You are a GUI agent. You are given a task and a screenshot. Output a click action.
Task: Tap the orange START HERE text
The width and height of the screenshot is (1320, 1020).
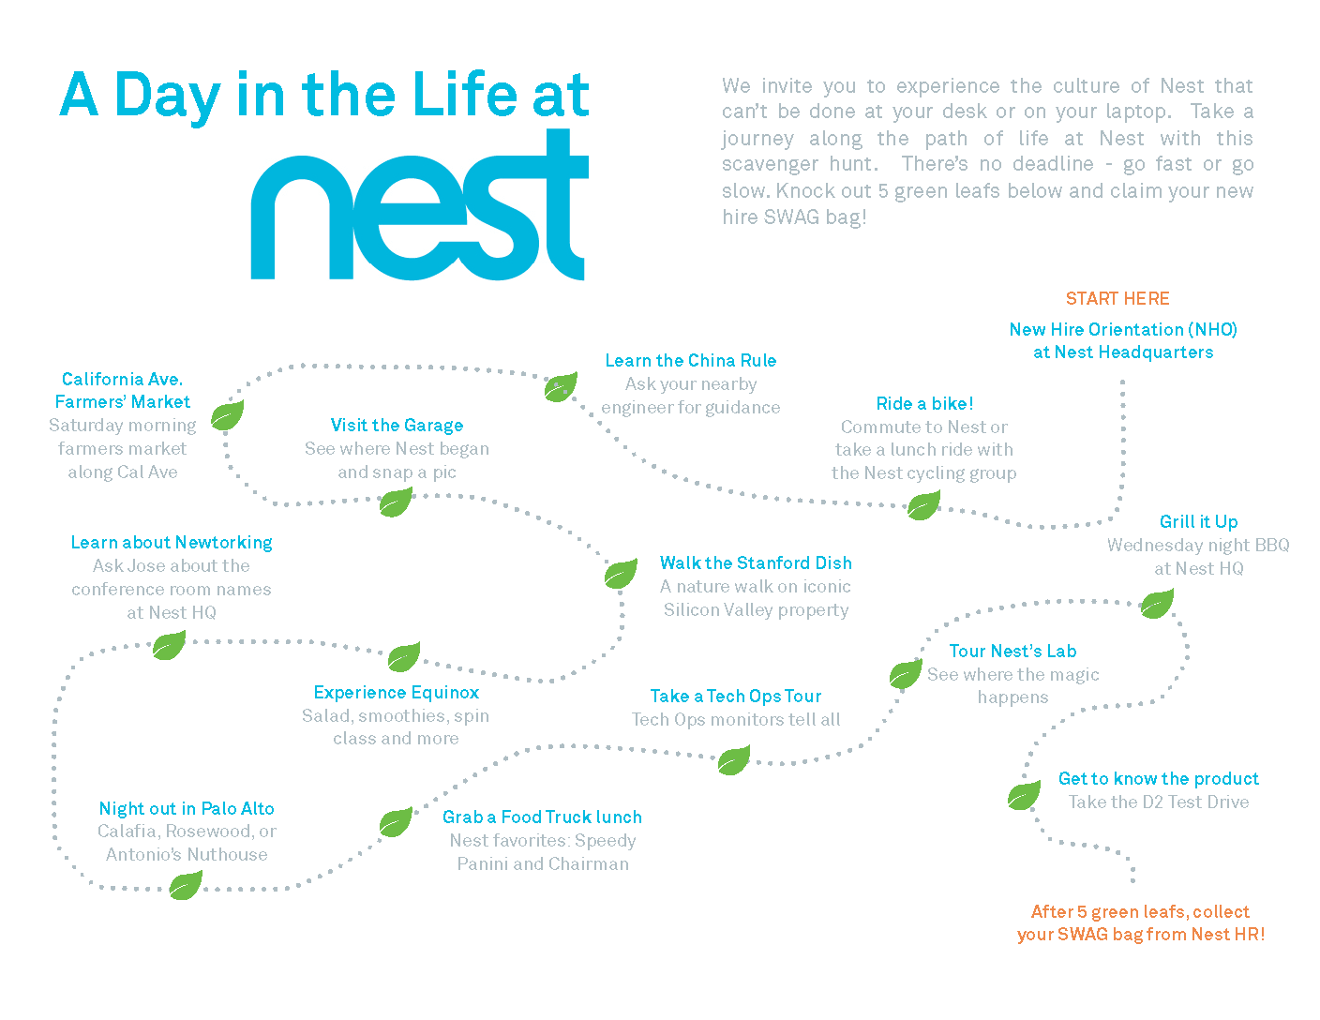1117,299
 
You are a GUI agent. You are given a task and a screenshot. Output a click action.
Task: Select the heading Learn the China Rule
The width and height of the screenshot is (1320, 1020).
691,361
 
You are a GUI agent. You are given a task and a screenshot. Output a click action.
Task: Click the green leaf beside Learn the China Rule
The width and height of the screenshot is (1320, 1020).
561,386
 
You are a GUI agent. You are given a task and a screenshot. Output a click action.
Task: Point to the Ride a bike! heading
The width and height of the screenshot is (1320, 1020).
924,404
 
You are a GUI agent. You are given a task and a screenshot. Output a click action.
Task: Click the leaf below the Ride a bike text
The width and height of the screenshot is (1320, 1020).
923,506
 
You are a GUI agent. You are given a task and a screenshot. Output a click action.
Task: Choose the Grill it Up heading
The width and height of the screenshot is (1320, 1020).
1198,522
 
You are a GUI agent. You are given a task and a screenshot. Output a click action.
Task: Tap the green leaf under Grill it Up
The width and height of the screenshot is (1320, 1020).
1157,604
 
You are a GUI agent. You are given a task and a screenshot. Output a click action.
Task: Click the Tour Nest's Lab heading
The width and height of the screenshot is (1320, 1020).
1012,652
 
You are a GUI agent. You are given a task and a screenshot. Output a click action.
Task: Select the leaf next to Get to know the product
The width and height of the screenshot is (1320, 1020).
1024,796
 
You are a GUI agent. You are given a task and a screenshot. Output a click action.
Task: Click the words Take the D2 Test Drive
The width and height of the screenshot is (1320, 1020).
1159,802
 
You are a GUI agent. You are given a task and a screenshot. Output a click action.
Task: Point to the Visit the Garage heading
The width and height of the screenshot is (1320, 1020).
397,426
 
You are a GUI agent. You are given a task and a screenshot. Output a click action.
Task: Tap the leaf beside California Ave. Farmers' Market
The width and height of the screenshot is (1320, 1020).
227,414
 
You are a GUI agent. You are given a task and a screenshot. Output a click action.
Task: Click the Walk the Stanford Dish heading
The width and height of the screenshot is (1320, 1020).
756,563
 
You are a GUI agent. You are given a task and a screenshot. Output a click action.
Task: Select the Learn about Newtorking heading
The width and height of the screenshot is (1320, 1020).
172,543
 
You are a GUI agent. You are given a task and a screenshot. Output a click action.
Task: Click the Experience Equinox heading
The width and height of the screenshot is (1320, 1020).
397,693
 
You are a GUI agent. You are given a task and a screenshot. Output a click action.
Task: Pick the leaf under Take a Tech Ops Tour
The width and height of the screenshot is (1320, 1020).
733,760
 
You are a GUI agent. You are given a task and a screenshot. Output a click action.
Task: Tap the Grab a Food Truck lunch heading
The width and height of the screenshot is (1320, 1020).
542,817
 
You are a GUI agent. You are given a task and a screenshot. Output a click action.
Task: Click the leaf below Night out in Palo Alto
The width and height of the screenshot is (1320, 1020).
185,885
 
